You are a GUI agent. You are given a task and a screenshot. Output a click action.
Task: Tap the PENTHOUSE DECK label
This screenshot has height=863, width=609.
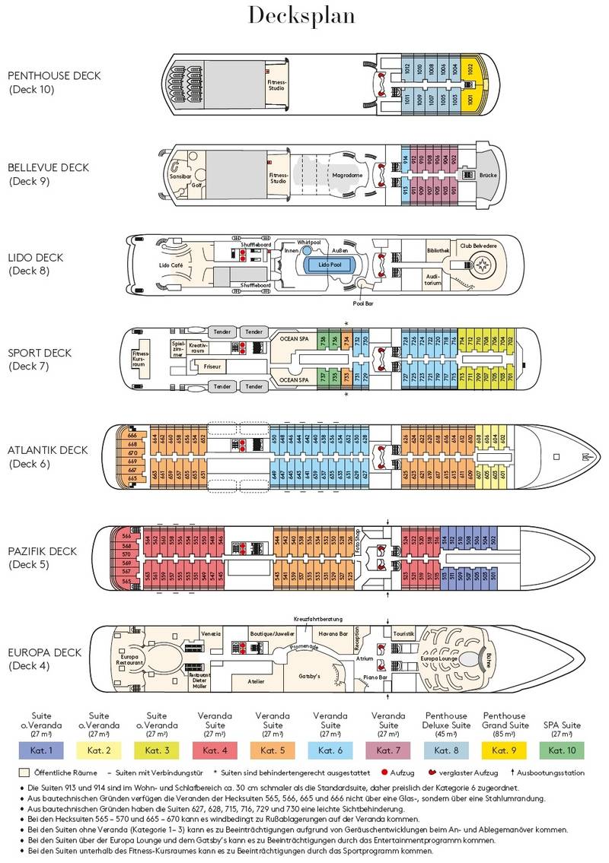54,75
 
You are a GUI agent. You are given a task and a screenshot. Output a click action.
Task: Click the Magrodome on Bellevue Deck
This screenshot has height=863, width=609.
347,175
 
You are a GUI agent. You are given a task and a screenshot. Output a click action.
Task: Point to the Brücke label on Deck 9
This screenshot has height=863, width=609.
488,175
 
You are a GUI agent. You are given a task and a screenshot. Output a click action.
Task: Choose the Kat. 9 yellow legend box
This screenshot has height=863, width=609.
503,750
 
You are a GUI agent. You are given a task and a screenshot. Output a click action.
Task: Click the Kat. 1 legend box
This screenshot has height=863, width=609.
40,750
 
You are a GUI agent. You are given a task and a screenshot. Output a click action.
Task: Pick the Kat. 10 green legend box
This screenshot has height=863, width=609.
561,750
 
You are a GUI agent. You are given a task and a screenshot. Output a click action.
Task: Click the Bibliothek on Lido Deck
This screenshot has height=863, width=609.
438,250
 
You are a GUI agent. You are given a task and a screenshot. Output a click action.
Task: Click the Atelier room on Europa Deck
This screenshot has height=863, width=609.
256,681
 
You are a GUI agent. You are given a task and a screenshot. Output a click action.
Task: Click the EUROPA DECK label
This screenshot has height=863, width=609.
44,652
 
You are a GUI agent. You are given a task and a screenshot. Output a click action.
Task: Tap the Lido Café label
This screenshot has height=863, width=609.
170,265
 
